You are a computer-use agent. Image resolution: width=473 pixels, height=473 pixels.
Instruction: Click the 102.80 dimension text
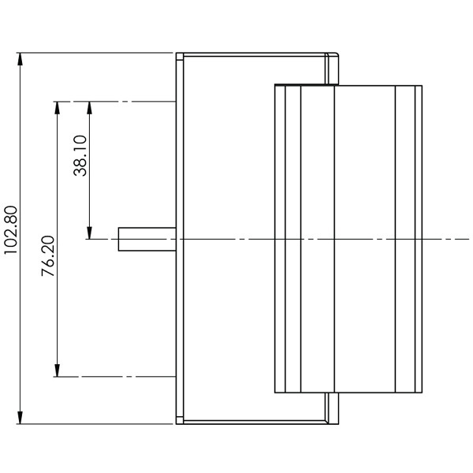coord(10,229)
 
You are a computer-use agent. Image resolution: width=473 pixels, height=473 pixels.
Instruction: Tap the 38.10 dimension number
coord(80,155)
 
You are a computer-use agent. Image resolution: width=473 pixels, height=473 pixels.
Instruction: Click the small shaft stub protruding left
coord(146,239)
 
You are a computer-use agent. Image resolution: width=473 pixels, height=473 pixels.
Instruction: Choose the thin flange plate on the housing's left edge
coord(179,239)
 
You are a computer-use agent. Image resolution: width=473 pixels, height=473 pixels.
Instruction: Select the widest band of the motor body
coord(364,239)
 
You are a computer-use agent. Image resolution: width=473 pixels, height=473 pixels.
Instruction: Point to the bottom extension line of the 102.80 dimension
coord(95,424)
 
